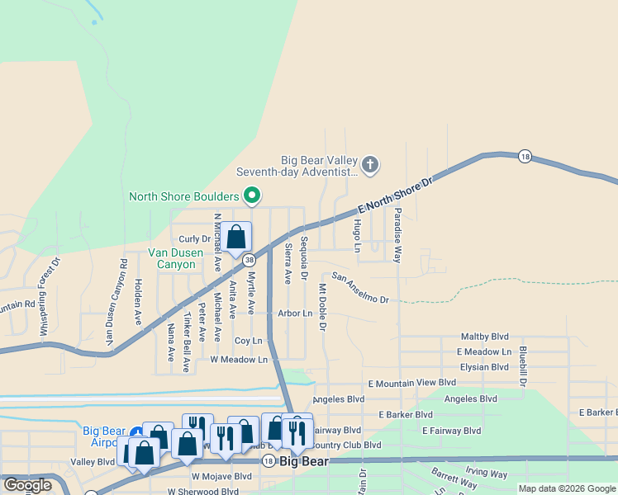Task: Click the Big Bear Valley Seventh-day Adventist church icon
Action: (370, 165)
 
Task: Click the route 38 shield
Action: (249, 260)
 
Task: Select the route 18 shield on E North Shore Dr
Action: (525, 156)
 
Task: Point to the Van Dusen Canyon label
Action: (172, 259)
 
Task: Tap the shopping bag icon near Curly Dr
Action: (236, 237)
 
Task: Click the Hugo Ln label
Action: (358, 236)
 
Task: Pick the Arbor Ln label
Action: (295, 313)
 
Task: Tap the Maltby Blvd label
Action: (485, 337)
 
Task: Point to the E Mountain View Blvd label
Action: (412, 383)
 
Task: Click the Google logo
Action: (27, 485)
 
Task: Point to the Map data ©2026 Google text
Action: (567, 488)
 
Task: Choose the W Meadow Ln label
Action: (240, 360)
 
